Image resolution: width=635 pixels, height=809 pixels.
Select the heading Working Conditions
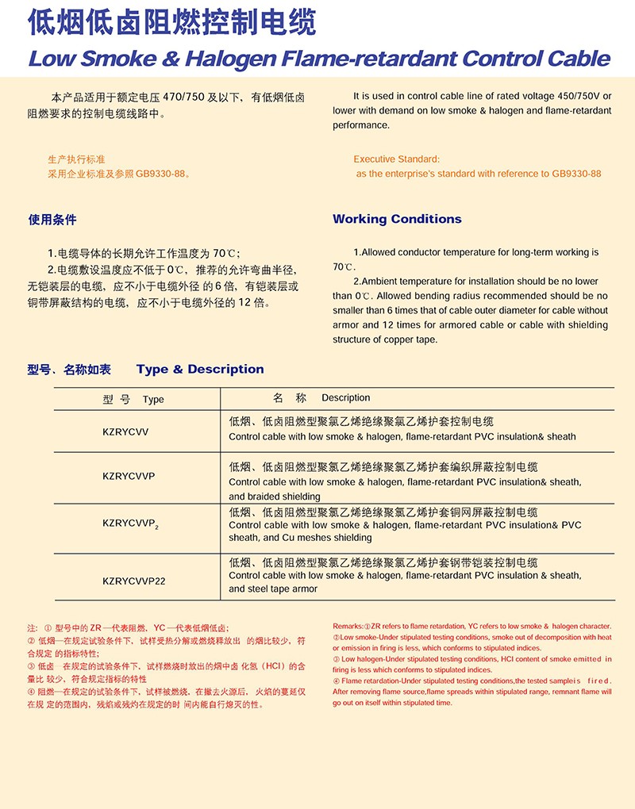pyautogui.click(x=397, y=219)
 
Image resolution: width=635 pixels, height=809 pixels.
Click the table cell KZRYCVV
pyautogui.click(x=125, y=431)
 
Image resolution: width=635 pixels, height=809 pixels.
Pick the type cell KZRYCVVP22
pyautogui.click(x=134, y=581)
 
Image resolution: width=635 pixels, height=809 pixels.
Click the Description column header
pyautogui.click(x=345, y=397)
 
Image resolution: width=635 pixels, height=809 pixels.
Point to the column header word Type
pyautogui.click(x=153, y=399)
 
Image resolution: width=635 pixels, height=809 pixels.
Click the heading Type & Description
pyautogui.click(x=200, y=369)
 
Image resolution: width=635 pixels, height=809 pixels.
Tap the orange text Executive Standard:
pyautogui.click(x=396, y=159)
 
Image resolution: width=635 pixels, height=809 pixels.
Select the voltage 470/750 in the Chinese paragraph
pyautogui.click(x=183, y=97)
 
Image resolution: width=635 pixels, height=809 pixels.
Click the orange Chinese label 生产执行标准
pyautogui.click(x=76, y=159)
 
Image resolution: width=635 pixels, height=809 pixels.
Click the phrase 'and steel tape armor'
pyautogui.click(x=273, y=589)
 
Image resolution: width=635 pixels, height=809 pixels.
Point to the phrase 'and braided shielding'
pyautogui.click(x=275, y=497)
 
